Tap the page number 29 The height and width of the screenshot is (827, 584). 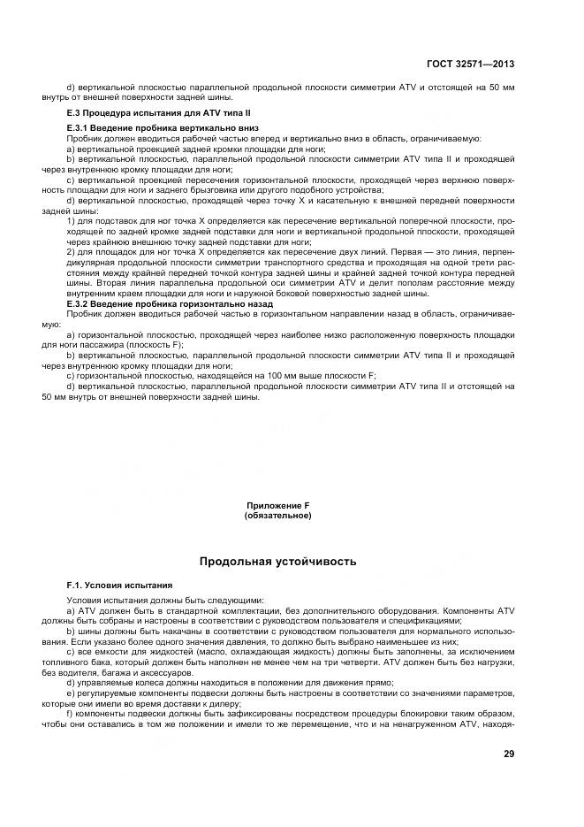click(x=509, y=754)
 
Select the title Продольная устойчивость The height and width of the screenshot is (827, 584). click(x=277, y=561)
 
